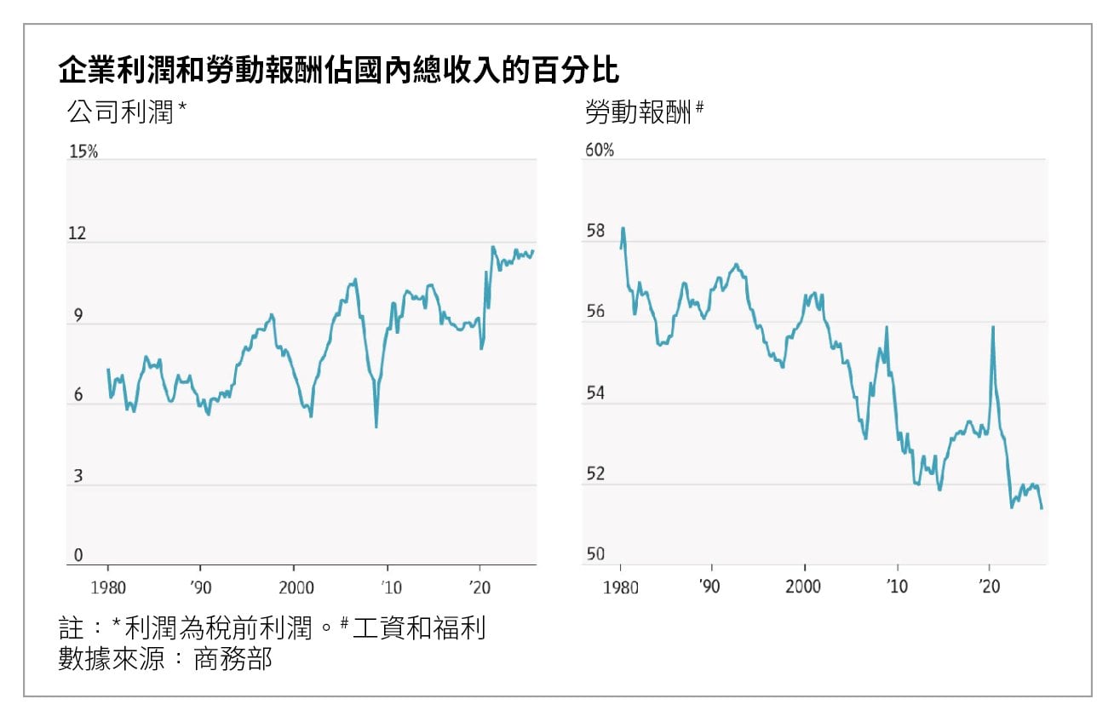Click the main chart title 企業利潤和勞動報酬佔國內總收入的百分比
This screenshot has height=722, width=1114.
coord(338,71)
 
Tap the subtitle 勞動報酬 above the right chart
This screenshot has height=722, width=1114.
coord(638,112)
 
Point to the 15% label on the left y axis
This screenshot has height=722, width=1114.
coord(83,152)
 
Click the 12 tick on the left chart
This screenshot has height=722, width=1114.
coord(78,233)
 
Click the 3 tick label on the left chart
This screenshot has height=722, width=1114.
coord(78,476)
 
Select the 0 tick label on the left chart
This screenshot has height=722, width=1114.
coord(78,556)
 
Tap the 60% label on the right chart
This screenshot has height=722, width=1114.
coord(599,151)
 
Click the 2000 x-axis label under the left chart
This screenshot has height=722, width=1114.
coord(293,587)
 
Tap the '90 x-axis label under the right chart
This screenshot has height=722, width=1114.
coord(710,587)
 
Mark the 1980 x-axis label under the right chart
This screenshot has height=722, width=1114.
coord(620,587)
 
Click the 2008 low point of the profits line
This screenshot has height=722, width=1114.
coord(376,427)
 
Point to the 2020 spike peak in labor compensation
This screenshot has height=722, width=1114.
coord(993,327)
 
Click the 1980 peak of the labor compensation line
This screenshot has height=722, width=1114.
coord(623,228)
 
